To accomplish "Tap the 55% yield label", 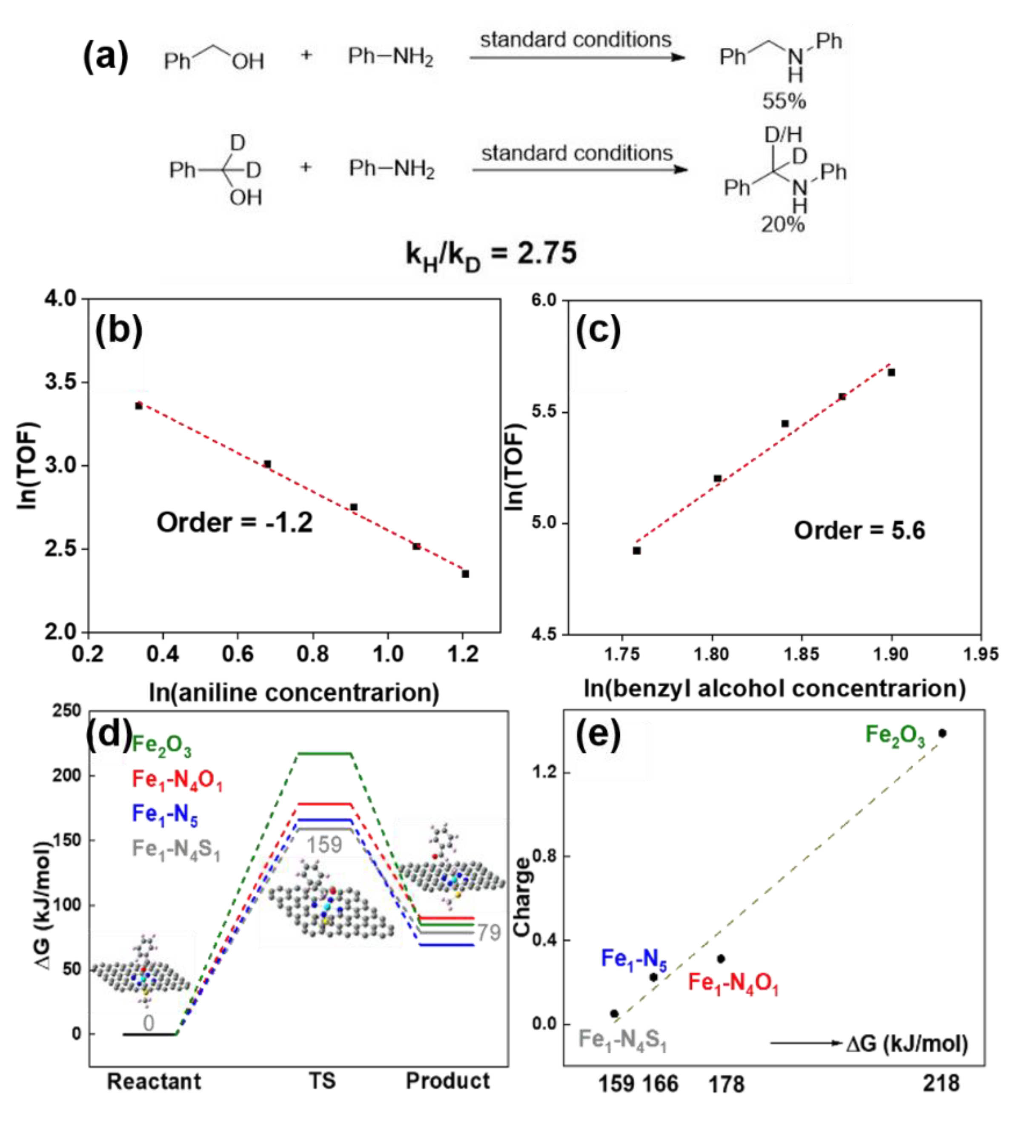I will (784, 101).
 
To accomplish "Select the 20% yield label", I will (782, 225).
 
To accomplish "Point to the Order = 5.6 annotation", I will (859, 530).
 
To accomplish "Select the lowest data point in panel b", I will (465, 574).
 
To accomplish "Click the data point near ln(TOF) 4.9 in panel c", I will (637, 550).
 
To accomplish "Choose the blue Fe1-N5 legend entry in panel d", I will (165, 814).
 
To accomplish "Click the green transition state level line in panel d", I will (325, 754).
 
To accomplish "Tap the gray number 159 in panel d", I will (324, 845).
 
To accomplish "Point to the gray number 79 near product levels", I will (489, 932).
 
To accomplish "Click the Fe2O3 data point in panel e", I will (942, 734).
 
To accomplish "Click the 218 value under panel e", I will (942, 1083).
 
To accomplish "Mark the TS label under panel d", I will (322, 1081).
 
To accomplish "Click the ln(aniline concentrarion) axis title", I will (294, 693).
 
